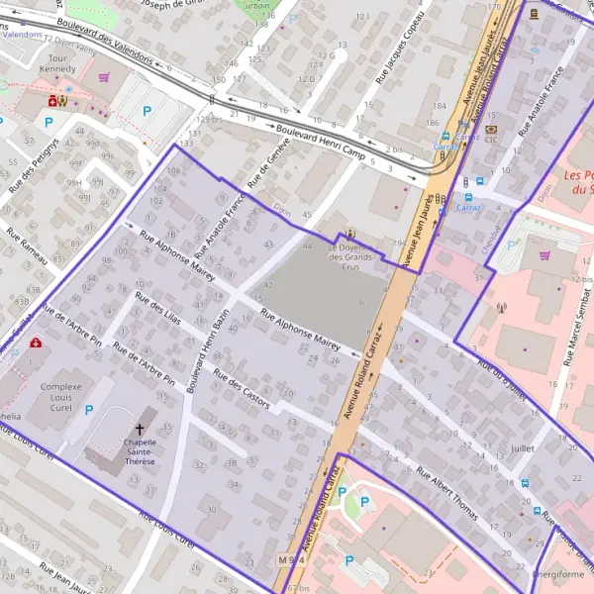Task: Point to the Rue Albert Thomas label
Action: tap(446, 493)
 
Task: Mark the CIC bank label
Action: tap(491, 140)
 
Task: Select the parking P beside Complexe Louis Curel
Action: tap(89, 410)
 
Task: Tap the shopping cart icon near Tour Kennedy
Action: tap(104, 76)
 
